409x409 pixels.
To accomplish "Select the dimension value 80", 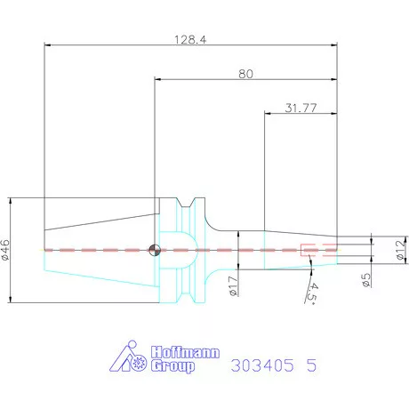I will click(x=245, y=75).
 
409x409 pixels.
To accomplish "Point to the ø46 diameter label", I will click(x=6, y=250).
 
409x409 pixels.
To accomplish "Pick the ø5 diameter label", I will click(x=365, y=275).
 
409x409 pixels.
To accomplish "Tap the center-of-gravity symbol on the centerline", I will click(x=156, y=250).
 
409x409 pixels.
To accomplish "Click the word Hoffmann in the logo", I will click(x=167, y=349).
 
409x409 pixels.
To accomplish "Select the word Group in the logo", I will click(x=174, y=365).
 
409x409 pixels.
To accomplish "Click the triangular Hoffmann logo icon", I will click(x=133, y=357).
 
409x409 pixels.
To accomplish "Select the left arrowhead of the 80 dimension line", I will click(x=156, y=81).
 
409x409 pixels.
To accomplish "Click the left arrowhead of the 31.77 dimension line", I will click(x=268, y=115).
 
